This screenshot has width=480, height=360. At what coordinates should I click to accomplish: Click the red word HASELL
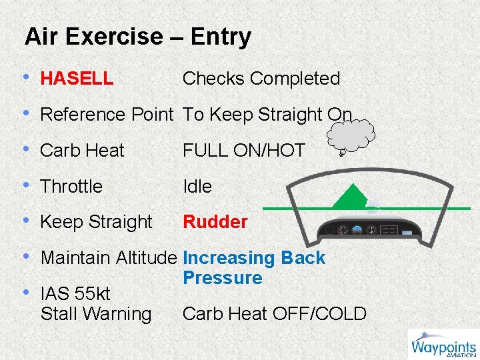point(77,79)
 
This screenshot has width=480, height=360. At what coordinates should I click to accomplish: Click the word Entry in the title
point(221,37)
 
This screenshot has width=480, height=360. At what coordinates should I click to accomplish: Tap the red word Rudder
point(215,222)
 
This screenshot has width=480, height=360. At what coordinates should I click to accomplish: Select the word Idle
point(197,187)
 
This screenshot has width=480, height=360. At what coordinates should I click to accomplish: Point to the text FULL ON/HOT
point(243,151)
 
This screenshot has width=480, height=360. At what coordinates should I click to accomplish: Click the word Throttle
point(71,187)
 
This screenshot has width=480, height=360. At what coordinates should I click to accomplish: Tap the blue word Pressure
point(223,277)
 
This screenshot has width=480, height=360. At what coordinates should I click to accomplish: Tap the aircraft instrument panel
point(371,230)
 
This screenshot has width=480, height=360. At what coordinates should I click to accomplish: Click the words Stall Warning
point(96,313)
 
